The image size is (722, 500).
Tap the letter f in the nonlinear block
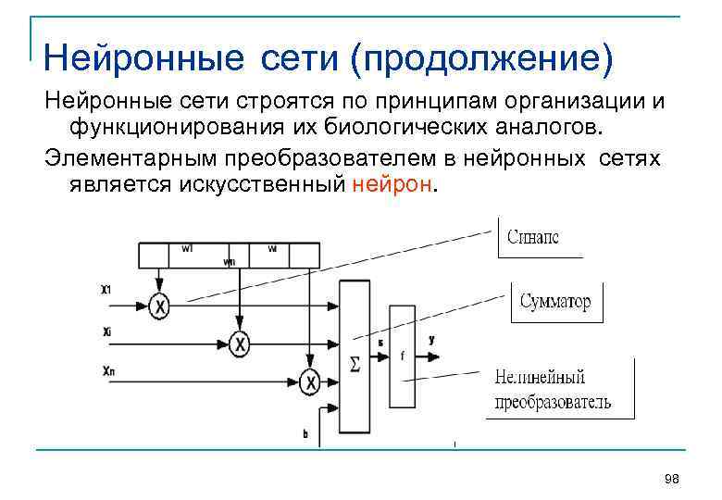(402, 355)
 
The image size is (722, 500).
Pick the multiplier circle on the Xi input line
(240, 344)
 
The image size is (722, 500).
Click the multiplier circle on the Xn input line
(310, 381)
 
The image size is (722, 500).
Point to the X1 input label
(106, 290)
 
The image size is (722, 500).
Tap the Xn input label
(108, 371)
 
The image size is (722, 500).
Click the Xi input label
(107, 331)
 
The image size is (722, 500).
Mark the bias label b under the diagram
(305, 432)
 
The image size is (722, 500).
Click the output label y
(431, 340)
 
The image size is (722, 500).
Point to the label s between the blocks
(380, 342)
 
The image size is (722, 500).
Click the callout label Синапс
(532, 238)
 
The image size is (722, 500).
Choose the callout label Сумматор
(554, 303)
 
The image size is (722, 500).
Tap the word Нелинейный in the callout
(540, 378)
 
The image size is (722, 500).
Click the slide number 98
(672, 478)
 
